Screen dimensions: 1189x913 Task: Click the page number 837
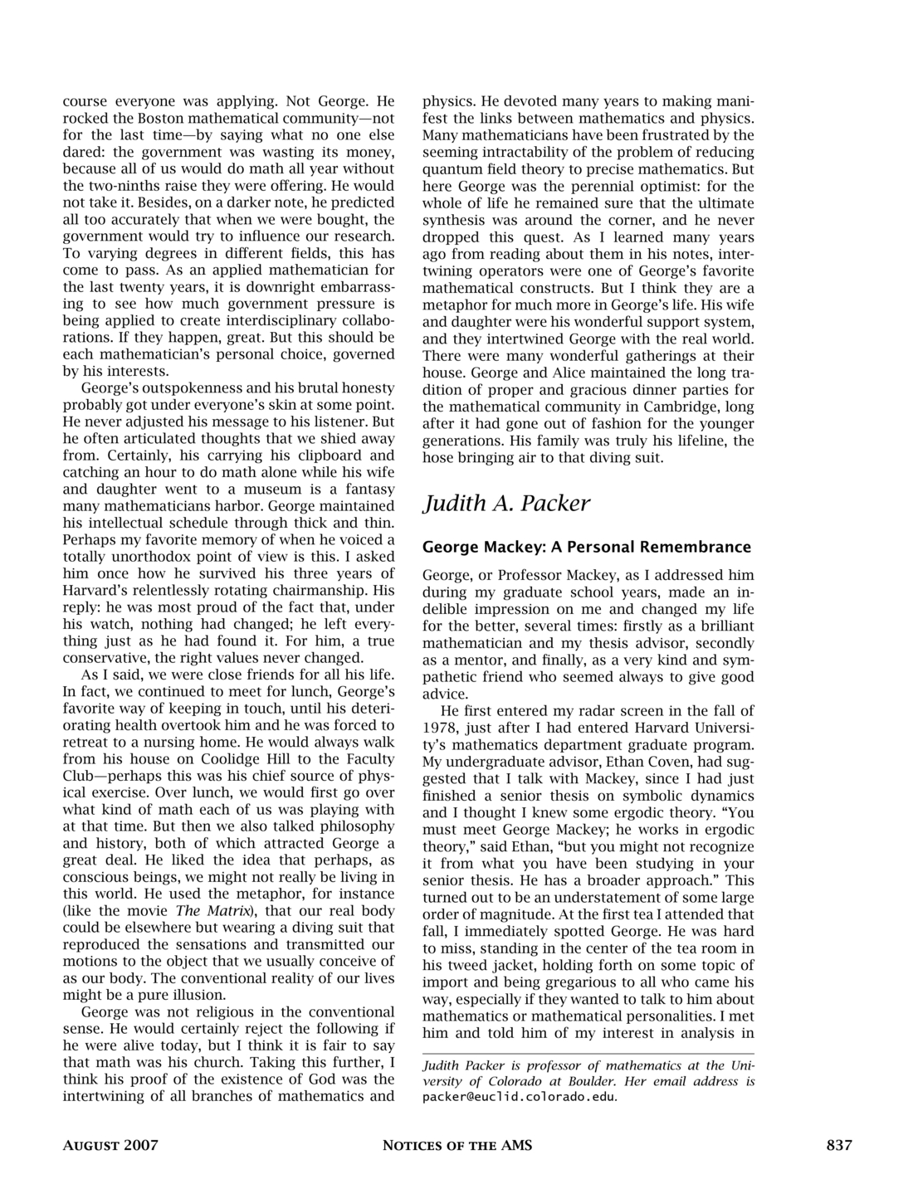pyautogui.click(x=838, y=1146)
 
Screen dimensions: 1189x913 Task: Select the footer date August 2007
pyautogui.click(x=110, y=1146)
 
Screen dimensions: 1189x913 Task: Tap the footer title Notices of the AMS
pyautogui.click(x=456, y=1146)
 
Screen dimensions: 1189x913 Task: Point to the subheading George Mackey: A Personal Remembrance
pyautogui.click(x=587, y=547)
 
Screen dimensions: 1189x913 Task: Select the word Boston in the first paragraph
pyautogui.click(x=154, y=119)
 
